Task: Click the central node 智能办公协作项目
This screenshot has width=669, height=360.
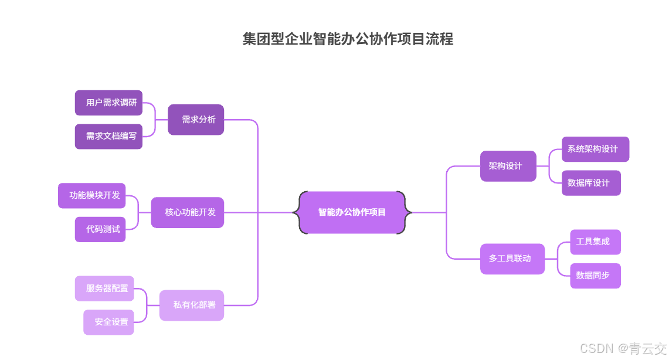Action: [352, 212]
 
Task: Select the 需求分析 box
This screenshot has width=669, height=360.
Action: [196, 120]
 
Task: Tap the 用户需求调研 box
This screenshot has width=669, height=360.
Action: [109, 103]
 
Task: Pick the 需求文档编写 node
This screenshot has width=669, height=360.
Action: [109, 136]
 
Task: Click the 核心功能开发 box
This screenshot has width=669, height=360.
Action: [188, 212]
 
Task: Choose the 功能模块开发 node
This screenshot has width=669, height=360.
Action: [92, 195]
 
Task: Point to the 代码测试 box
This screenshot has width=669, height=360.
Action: [100, 229]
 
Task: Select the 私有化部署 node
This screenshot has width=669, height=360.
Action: [192, 305]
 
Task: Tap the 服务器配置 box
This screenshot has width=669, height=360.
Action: [104, 288]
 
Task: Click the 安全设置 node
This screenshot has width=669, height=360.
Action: [108, 322]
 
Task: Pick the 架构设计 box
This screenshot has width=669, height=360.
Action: [508, 166]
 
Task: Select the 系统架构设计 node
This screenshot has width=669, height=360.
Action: [595, 149]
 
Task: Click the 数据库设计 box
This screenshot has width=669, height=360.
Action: [591, 183]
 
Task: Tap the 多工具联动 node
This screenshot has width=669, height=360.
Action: [512, 259]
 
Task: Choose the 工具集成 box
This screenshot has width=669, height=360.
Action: [595, 242]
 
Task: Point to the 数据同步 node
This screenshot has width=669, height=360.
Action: [595, 276]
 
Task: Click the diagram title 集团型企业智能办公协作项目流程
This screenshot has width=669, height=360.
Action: [348, 39]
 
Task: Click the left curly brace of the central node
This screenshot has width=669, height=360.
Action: [299, 212]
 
